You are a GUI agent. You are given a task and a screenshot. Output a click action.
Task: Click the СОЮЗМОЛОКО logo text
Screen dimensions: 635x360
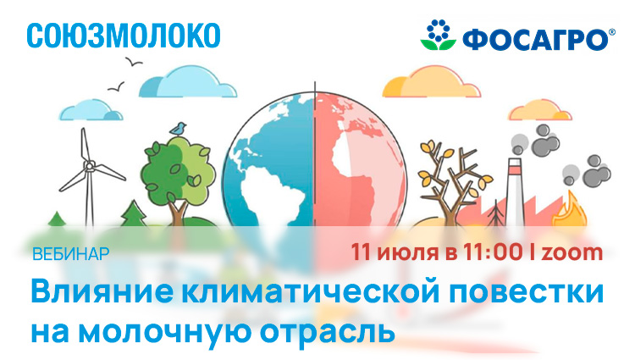coord(124,36)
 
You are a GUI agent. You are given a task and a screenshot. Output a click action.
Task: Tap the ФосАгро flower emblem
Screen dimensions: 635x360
coord(439,35)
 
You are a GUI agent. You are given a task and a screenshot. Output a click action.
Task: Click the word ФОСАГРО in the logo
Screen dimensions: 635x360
coord(535,39)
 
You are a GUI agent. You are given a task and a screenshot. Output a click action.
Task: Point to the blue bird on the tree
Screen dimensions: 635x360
coord(178,129)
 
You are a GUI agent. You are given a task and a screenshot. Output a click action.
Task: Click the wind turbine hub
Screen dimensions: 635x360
coord(89,165)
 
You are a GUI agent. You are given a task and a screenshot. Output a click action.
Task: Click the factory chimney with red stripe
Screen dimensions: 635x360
coord(514,191)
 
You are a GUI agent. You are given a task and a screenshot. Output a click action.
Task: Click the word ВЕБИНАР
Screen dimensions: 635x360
coord(71,254)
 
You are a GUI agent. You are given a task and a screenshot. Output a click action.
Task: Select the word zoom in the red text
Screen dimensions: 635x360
coord(571,252)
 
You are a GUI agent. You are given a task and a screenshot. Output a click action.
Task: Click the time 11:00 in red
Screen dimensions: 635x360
coord(493,252)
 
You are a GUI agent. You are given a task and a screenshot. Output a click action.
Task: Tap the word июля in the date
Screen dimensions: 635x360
coord(408,253)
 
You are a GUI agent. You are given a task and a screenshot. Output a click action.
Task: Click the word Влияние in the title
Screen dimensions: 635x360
coord(102,291)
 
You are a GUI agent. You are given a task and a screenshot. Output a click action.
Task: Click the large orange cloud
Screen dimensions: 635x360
coord(431,82)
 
